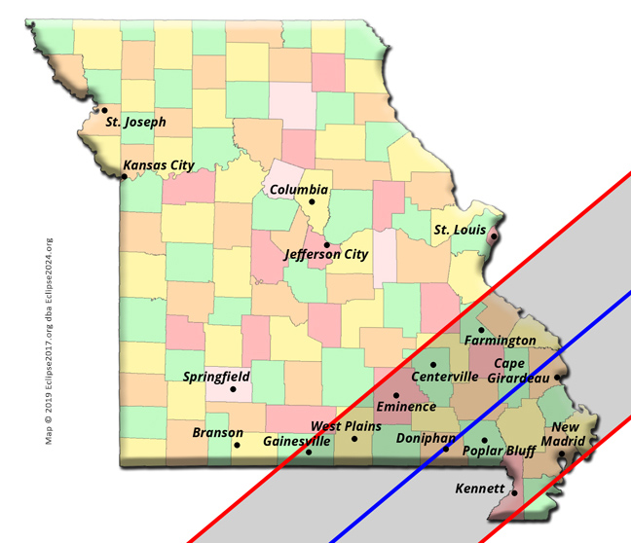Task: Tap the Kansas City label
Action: pyautogui.click(x=159, y=165)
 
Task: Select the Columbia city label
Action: pyautogui.click(x=299, y=190)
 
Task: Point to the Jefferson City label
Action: pyautogui.click(x=326, y=255)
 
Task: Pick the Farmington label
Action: pyautogui.click(x=500, y=341)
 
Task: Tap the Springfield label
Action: pyautogui.click(x=216, y=377)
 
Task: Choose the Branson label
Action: pyautogui.click(x=217, y=432)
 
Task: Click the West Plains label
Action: pyautogui.click(x=346, y=426)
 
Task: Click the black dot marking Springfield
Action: pyautogui.click(x=233, y=390)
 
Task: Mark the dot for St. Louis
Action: pyautogui.click(x=493, y=236)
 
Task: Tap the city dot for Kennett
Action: pyautogui.click(x=514, y=493)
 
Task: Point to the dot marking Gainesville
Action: pyautogui.click(x=309, y=452)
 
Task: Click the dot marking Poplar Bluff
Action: pyautogui.click(x=484, y=441)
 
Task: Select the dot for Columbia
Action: pyautogui.click(x=312, y=202)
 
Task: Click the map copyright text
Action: pyautogui.click(x=49, y=341)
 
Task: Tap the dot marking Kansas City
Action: pyautogui.click(x=124, y=176)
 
